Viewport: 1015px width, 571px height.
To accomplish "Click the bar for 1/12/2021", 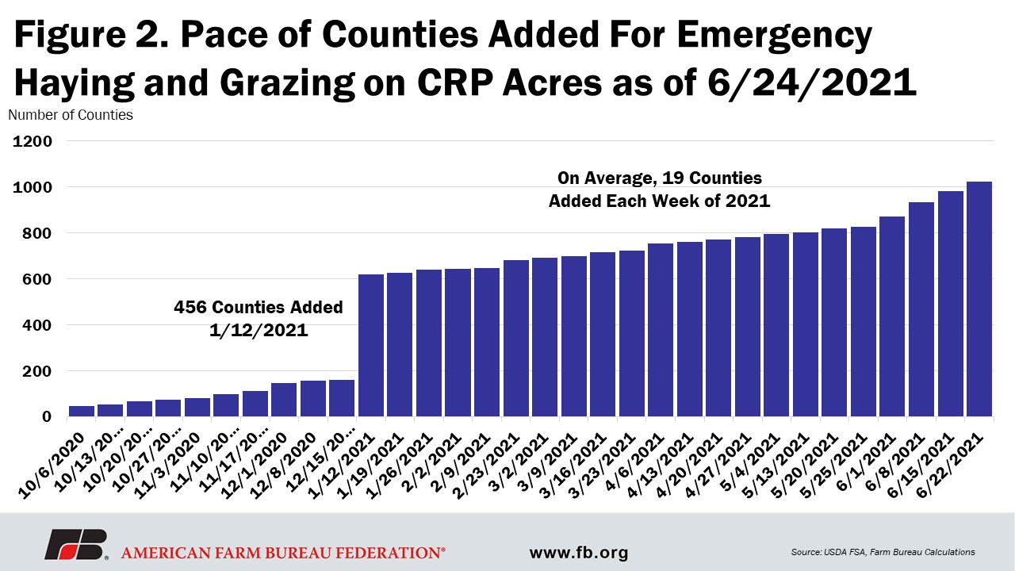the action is pyautogui.click(x=370, y=345).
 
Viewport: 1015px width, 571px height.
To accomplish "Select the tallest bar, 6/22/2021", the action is pyautogui.click(x=979, y=299).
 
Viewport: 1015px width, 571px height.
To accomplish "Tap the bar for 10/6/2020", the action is pyautogui.click(x=82, y=411).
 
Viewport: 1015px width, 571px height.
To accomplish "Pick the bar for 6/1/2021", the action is pyautogui.click(x=892, y=316).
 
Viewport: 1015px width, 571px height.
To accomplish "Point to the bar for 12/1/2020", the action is pyautogui.click(x=284, y=400).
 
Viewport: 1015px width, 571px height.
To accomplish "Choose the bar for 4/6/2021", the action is pyautogui.click(x=661, y=330).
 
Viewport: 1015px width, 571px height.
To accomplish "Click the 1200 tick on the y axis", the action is pyautogui.click(x=33, y=141).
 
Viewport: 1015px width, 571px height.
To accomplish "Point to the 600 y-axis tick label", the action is pyautogui.click(x=36, y=279).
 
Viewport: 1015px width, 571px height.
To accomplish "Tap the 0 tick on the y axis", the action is pyautogui.click(x=47, y=417).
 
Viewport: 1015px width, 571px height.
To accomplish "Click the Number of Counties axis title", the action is pyautogui.click(x=71, y=115).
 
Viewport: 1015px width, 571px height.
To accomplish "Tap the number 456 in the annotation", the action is pyautogui.click(x=190, y=307).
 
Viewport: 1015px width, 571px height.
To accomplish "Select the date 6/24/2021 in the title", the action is pyautogui.click(x=812, y=83).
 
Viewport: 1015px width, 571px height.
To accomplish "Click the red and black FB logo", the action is pyautogui.click(x=76, y=544).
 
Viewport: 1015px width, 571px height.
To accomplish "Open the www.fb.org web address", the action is pyautogui.click(x=579, y=553).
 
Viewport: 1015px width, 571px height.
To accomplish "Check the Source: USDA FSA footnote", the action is pyautogui.click(x=883, y=552).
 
